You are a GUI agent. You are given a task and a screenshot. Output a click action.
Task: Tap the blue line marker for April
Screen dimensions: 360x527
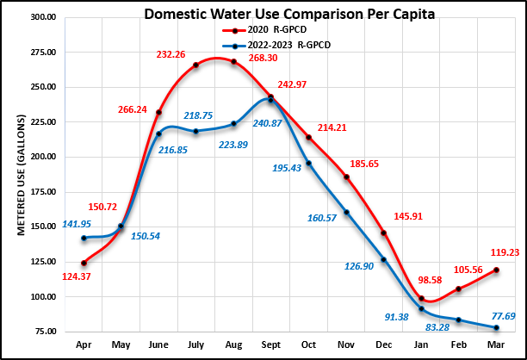click(84, 238)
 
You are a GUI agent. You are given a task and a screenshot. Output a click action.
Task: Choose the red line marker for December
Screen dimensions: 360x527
click(383, 233)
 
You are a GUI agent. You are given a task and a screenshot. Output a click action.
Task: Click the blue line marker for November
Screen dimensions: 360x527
click(347, 212)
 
